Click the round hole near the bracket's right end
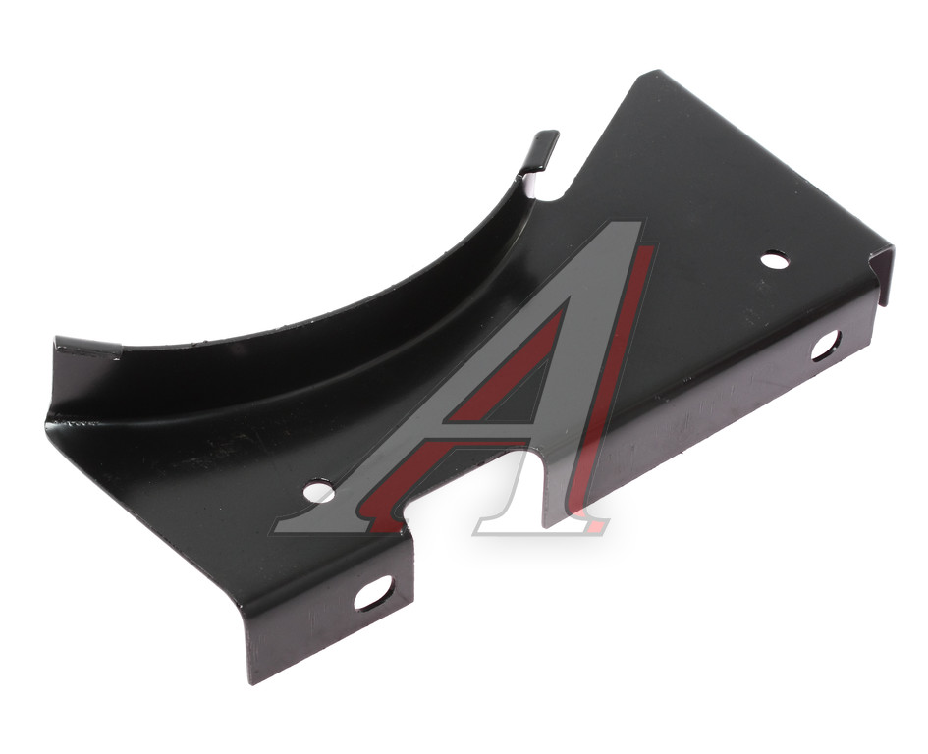[774, 259]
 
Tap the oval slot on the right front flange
[826, 345]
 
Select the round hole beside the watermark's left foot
[318, 490]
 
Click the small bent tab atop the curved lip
[540, 151]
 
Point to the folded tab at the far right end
[883, 275]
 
